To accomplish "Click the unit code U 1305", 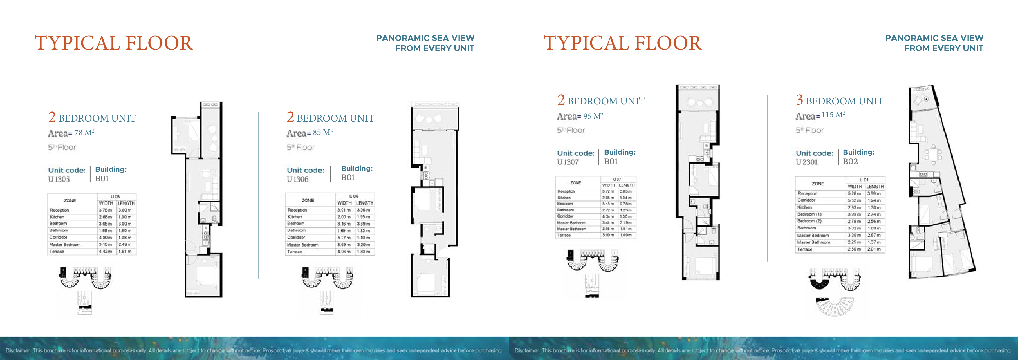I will pos(59,179).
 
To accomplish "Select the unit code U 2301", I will pos(806,162).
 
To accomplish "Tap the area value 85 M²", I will pos(322,132).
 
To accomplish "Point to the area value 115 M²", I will pos(833,115).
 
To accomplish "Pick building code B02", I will pos(850,162).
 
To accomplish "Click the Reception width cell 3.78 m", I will pos(106,210).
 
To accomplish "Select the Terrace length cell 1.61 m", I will pos(125,251).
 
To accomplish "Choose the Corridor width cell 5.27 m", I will pos(344,238).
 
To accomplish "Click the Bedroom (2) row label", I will pos(809,221).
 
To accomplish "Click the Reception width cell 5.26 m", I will pos(854,193).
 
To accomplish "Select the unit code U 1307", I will pos(568,162).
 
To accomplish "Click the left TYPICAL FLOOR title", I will pos(113,43).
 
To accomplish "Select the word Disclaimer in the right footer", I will pos(526,350).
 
